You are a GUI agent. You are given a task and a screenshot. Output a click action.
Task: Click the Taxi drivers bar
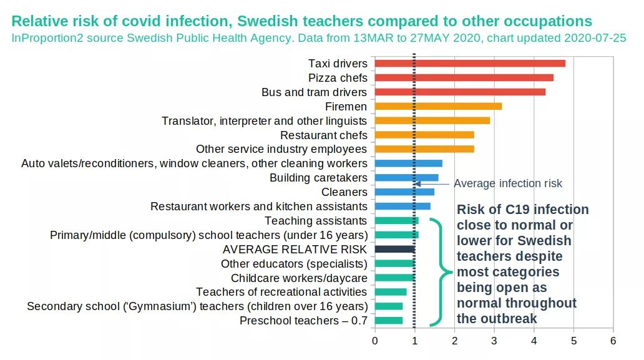tap(469, 63)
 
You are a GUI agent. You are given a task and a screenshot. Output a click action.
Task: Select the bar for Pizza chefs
tap(464, 77)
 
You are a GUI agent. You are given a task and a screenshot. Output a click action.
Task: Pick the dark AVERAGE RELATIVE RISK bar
tap(394, 249)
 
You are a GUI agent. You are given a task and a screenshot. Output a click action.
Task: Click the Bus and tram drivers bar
tap(460, 92)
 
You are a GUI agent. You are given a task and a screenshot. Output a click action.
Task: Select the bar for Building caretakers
tap(406, 178)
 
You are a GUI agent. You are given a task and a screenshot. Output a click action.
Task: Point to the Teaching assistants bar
tap(396, 220)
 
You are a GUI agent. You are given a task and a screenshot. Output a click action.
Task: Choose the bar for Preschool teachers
tap(388, 321)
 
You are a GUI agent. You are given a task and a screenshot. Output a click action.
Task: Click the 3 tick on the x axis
tap(494, 341)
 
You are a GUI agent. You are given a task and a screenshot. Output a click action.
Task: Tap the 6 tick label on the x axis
tap(613, 341)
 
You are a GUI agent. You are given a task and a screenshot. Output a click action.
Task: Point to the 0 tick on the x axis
tap(374, 341)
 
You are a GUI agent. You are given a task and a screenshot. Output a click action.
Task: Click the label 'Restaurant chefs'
tap(323, 135)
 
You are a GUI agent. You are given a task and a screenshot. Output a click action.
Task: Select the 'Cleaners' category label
tap(344, 192)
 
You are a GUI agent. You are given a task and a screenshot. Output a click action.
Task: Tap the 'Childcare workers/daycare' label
tap(299, 278)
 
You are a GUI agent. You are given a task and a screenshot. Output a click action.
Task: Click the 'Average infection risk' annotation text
tap(507, 183)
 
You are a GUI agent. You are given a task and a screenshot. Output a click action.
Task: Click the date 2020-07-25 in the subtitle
tap(595, 37)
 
